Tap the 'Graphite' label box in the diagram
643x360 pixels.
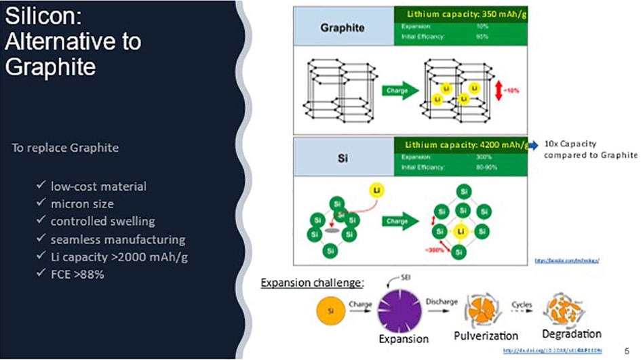click(343, 28)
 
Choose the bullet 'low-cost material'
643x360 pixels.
click(98, 186)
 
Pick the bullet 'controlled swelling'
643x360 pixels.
click(102, 221)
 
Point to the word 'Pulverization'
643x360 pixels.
click(485, 336)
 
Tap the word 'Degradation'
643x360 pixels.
click(572, 334)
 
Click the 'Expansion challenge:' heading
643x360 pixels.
click(313, 282)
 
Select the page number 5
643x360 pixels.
click(625, 351)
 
